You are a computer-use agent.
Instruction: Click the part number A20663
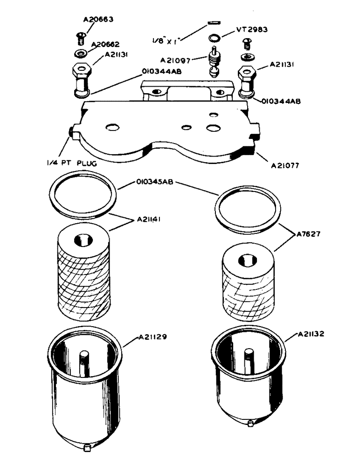coord(98,20)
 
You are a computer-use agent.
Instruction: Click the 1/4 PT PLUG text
coord(72,163)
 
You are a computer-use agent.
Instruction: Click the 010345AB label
coord(157,183)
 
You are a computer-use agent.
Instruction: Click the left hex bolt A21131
coord(81,80)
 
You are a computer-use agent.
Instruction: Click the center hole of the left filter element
coord(84,241)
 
